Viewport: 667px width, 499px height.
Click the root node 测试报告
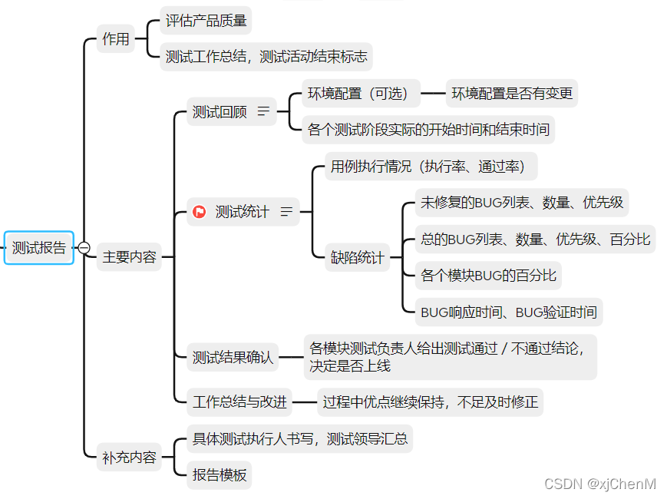(38, 247)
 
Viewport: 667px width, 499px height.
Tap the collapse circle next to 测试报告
(84, 247)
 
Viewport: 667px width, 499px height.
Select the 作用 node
(116, 38)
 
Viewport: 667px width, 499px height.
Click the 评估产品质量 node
(206, 21)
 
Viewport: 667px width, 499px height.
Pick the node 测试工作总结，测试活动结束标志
(266, 57)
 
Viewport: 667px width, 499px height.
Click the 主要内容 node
(129, 257)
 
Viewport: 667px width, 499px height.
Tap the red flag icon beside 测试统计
(200, 212)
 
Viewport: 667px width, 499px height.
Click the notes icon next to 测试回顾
(263, 112)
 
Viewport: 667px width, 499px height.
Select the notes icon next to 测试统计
(286, 212)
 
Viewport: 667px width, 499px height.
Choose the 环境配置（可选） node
(361, 94)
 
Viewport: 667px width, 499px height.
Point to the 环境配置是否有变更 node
(512, 94)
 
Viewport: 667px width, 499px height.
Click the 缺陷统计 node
(358, 257)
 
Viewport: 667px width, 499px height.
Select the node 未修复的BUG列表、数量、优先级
(522, 203)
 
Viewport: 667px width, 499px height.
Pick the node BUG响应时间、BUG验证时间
(508, 312)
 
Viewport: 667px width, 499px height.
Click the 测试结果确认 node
(232, 357)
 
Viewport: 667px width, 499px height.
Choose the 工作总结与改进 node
(240, 402)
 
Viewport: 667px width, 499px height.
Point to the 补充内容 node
(129, 458)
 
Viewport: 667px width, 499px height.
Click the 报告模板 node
(220, 475)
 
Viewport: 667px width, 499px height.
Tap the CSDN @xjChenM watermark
(600, 484)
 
